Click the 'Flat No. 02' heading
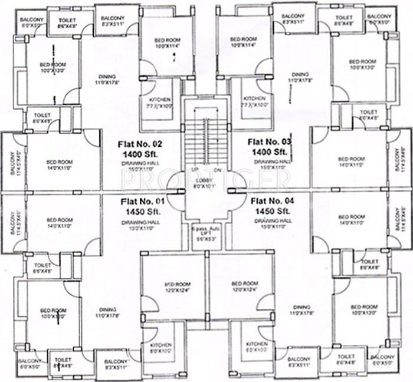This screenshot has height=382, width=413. (140, 143)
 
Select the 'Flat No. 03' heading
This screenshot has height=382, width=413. (270, 141)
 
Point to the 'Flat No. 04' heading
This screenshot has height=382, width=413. (273, 200)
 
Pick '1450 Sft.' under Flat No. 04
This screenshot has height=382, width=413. (273, 210)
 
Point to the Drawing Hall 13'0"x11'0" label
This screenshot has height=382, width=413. (140, 223)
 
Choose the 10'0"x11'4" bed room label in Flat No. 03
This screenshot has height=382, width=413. (243, 42)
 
